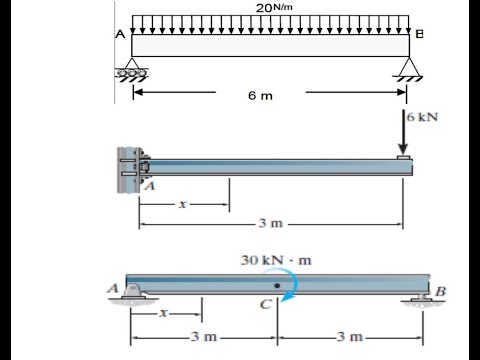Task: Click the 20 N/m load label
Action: click(274, 8)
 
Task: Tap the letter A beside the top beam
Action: click(120, 34)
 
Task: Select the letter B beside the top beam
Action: click(419, 34)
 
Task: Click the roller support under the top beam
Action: click(132, 70)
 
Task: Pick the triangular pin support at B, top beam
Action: click(407, 69)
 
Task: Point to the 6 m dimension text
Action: click(260, 96)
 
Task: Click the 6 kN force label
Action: click(422, 117)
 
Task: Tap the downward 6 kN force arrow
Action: click(403, 132)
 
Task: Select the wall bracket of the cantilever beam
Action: click(133, 170)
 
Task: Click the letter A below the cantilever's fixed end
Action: click(150, 186)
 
